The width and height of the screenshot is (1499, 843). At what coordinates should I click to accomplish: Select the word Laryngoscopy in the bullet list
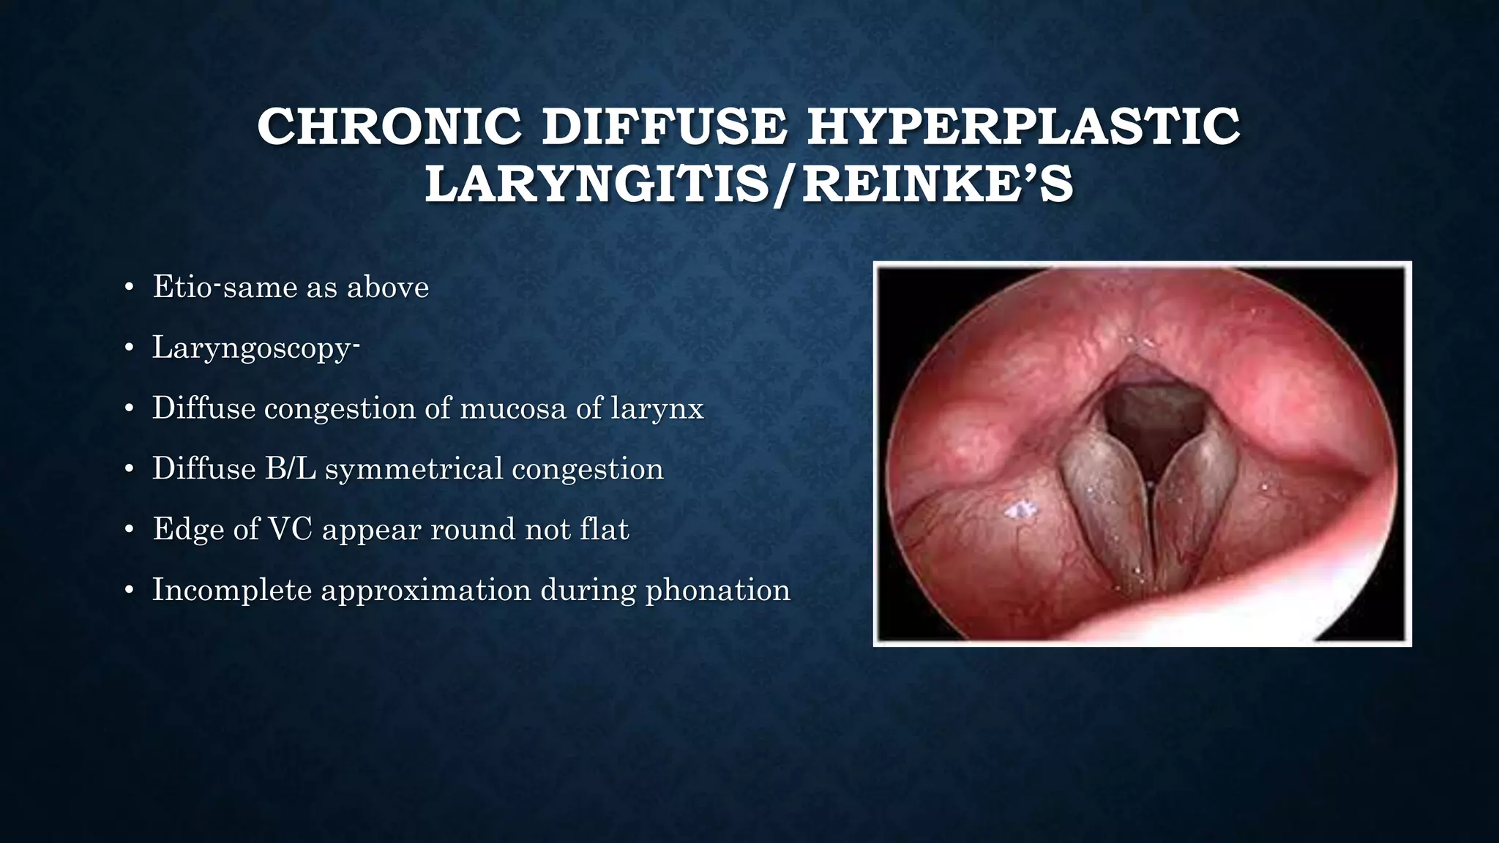click(252, 348)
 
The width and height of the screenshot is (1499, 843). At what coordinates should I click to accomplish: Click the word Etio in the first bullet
click(182, 287)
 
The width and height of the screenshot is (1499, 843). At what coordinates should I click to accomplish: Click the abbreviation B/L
click(291, 469)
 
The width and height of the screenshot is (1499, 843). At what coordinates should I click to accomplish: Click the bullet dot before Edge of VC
click(129, 530)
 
